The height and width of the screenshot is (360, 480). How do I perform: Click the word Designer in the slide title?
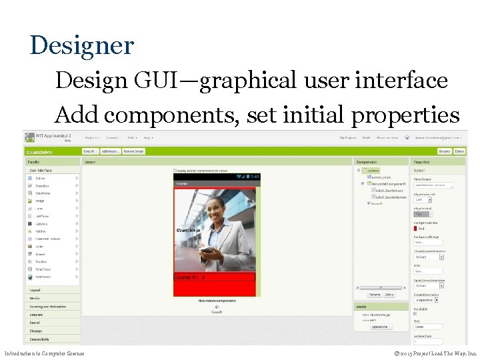[x=82, y=46]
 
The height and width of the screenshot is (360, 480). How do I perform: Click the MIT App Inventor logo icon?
[x=30, y=138]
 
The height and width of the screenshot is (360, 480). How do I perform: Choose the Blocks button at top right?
[x=459, y=151]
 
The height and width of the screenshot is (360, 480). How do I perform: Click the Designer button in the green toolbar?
[x=443, y=151]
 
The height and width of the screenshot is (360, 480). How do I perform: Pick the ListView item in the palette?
[x=41, y=225]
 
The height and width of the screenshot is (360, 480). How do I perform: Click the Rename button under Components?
[x=375, y=294]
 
